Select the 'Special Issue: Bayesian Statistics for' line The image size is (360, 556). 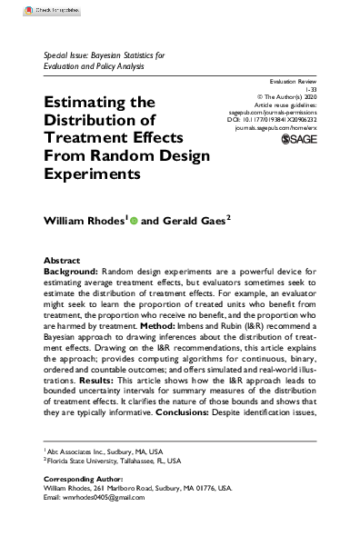pyautogui.click(x=105, y=56)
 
